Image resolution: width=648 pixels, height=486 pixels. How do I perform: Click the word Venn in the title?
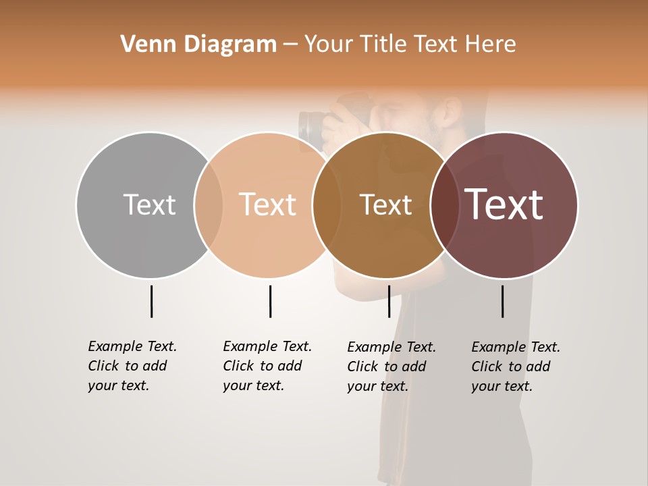(x=144, y=44)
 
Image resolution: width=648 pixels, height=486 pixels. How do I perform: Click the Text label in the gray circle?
(x=149, y=205)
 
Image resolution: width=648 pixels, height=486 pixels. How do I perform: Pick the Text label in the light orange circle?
(x=267, y=205)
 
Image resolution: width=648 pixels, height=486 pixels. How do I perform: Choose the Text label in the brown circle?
(x=385, y=205)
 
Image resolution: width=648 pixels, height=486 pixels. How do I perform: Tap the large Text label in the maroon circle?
(x=504, y=204)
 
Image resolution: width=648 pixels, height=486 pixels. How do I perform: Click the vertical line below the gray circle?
(x=151, y=301)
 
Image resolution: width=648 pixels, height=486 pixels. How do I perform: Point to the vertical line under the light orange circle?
(x=270, y=301)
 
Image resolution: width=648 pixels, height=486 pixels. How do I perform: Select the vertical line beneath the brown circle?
(x=389, y=301)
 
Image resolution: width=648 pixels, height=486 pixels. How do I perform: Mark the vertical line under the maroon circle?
(x=502, y=301)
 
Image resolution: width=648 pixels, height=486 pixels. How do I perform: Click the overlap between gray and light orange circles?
(x=209, y=205)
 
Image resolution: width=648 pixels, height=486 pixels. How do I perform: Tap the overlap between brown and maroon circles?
(x=445, y=205)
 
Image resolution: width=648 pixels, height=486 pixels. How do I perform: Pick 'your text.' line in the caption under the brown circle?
(x=378, y=386)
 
